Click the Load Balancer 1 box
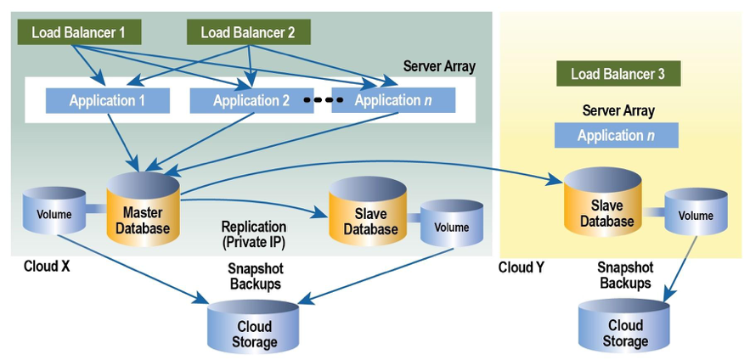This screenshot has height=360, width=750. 78,32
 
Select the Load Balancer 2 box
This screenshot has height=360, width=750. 248,32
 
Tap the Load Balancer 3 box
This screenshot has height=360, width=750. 618,74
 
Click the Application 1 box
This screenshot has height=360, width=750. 107,101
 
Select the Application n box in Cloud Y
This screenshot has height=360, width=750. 616,135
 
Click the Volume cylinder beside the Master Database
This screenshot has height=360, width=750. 54,214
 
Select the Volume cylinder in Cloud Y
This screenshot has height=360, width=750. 696,216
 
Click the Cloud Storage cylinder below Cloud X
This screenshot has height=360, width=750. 254,331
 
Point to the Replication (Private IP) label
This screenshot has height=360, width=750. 253,234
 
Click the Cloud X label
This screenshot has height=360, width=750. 48,267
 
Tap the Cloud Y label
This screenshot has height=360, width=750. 522,267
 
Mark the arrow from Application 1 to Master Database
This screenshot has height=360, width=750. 122,140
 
